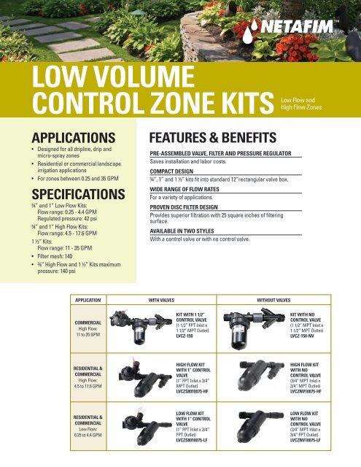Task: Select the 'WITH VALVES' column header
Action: pyautogui.click(x=166, y=299)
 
